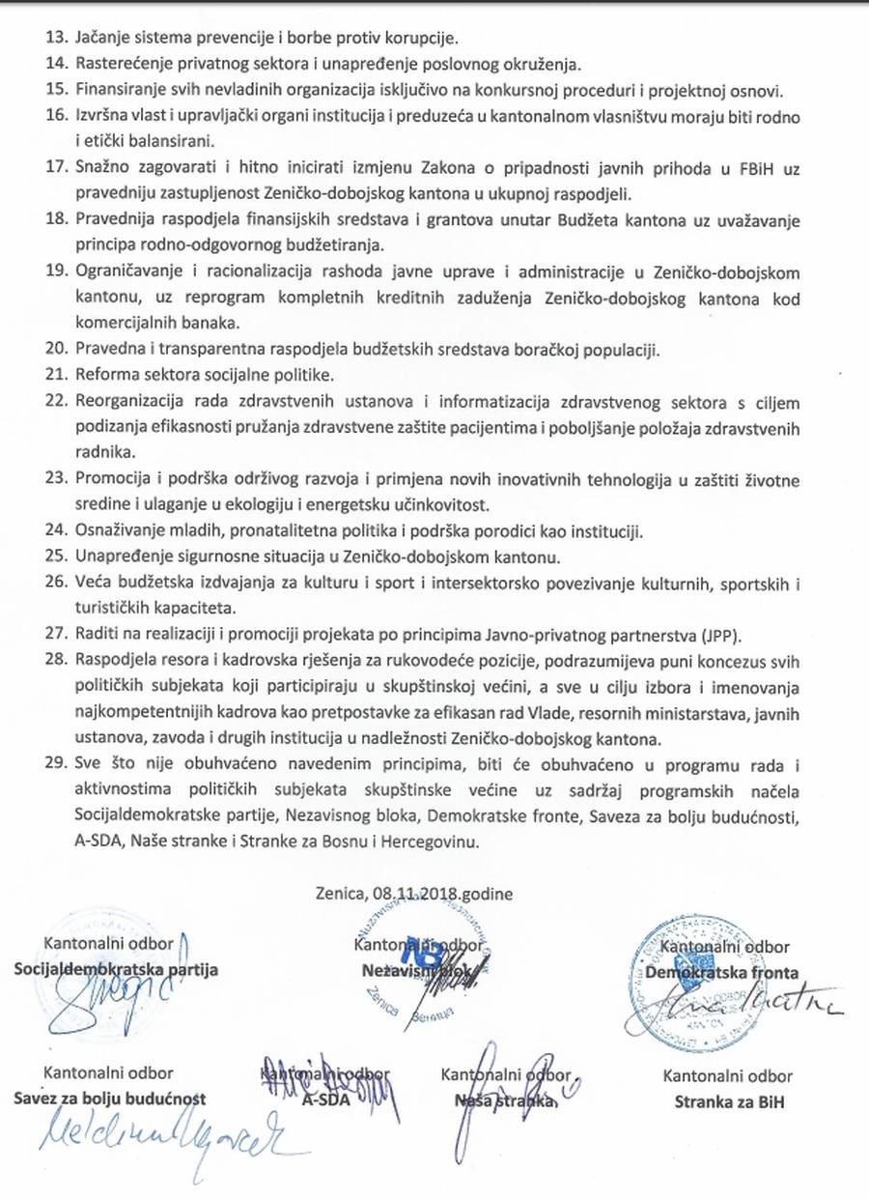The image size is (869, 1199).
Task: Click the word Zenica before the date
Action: (336, 894)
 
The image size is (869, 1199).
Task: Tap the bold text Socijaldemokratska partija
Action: (117, 969)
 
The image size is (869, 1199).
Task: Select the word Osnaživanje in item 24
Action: (116, 530)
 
